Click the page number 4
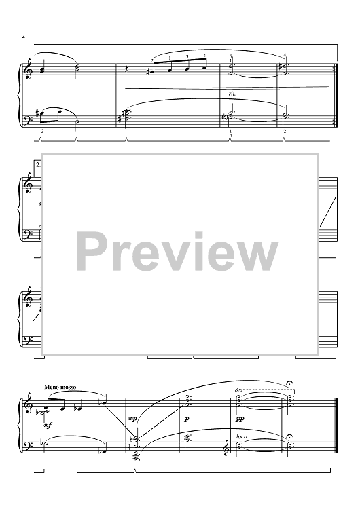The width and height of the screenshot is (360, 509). [x=23, y=37]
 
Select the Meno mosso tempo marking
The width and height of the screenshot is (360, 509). [x=60, y=387]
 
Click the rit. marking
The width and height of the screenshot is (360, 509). [x=232, y=94]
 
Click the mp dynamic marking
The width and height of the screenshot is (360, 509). [x=132, y=419]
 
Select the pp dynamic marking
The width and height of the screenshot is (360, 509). [x=240, y=419]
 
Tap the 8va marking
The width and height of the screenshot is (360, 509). [x=238, y=390]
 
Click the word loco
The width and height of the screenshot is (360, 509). [x=241, y=436]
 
